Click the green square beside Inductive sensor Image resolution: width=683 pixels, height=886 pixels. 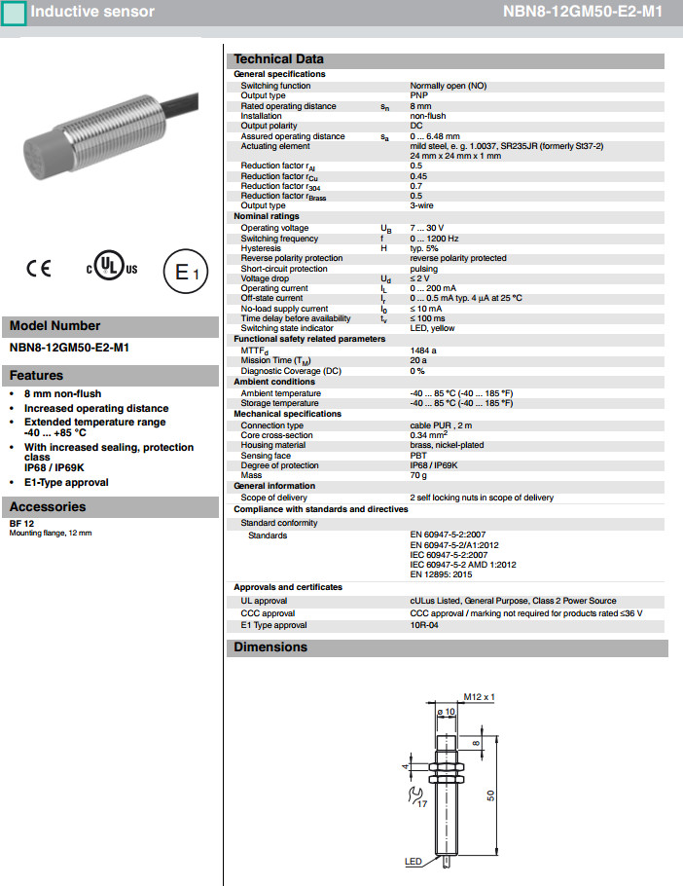14,13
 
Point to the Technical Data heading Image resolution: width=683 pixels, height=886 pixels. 278,59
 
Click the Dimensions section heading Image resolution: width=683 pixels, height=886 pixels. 270,647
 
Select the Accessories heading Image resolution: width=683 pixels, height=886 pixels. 48,506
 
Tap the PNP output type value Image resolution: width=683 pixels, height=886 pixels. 419,95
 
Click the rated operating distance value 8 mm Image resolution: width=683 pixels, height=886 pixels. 421,106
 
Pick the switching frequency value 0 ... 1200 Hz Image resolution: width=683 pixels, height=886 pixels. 434,239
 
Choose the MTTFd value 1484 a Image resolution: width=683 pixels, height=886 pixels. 423,350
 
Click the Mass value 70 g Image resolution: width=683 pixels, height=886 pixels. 419,475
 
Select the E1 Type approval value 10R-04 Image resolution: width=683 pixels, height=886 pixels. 425,625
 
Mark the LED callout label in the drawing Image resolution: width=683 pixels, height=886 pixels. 413,862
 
